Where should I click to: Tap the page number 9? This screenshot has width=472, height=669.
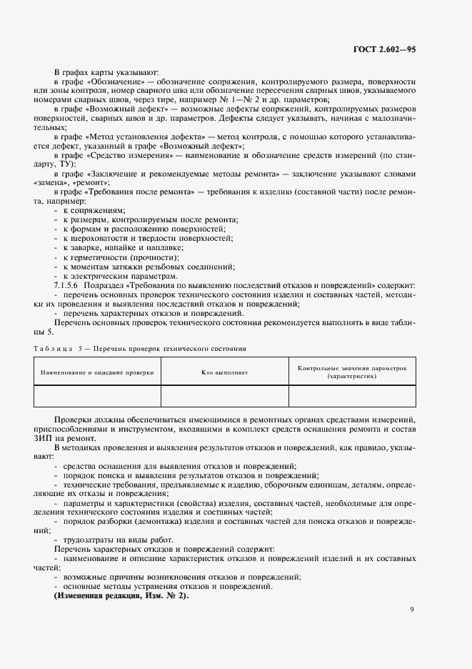coord(412,609)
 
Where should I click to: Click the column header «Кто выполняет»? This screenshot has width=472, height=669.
coord(224,372)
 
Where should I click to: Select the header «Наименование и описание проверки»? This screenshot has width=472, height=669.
coord(98,372)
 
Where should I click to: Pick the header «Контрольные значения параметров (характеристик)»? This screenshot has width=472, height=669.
coord(352,372)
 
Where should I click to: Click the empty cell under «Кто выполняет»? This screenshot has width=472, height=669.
coord(224,396)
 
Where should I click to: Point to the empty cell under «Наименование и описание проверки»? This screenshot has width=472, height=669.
coord(98,396)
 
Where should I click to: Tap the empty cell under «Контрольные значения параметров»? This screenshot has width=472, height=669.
coord(352,396)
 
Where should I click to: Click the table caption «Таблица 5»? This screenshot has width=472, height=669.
coord(56,349)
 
